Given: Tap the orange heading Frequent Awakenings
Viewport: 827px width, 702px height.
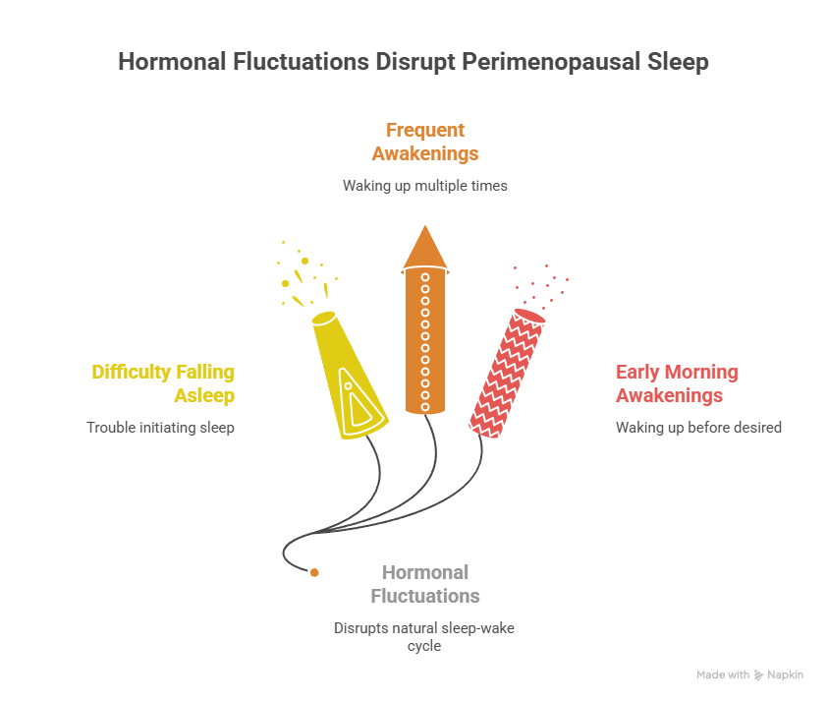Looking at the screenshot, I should coord(424,142).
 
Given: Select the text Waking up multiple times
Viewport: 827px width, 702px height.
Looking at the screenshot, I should coord(424,185).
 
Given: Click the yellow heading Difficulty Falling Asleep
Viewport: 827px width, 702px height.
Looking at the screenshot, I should coord(163,383).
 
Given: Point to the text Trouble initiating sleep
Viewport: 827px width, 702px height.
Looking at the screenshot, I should coord(160,428).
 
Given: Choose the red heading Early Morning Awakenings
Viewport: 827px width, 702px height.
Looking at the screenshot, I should coord(677,383).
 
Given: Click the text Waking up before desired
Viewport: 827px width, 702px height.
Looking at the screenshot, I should coord(698,428).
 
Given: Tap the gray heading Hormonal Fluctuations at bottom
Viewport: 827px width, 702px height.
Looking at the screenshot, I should coord(424,584).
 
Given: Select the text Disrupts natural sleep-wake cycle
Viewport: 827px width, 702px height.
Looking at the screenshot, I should coord(423,636).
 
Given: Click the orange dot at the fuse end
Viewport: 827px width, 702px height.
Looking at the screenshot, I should coord(313,572).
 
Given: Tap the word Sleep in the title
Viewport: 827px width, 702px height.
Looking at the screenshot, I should coord(680,61).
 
